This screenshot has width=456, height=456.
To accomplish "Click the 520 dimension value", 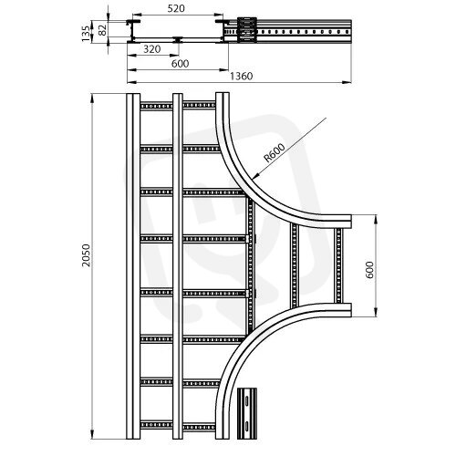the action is coord(176,8).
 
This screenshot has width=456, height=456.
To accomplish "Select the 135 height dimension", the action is coord(87,34).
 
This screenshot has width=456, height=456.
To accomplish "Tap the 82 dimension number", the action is coord(103,30).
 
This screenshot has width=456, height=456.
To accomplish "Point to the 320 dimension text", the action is coord(151,49).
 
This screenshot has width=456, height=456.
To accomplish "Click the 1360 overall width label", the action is coord(241,76).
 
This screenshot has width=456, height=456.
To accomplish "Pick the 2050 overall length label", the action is coord(87,255).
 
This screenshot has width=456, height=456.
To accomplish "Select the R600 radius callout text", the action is coord(275,153).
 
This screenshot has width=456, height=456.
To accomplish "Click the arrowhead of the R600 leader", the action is coord(254,176).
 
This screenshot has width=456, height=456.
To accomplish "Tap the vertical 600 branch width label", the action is coord(370,270).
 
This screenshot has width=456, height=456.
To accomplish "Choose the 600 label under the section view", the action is coord(180,64).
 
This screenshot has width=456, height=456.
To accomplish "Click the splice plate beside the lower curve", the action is coord(247,413).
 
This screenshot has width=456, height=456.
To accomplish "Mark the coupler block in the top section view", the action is coord(247,30).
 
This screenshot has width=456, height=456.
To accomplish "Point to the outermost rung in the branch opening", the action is coord(338,265).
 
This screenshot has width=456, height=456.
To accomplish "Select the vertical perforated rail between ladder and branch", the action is coord(251,264).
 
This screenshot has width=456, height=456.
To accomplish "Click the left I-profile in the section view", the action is coord(133,31).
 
